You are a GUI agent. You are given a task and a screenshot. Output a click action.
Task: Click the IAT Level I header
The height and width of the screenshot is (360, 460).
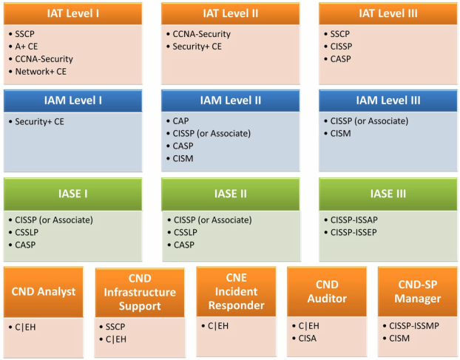pyautogui.click(x=72, y=13)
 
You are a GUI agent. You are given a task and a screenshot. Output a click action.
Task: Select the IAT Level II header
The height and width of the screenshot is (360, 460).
pyautogui.click(x=230, y=13)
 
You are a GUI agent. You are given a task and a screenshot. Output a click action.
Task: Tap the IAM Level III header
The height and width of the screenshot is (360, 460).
pyautogui.click(x=388, y=101)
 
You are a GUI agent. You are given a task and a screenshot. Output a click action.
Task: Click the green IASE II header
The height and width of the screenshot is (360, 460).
pyautogui.click(x=230, y=194)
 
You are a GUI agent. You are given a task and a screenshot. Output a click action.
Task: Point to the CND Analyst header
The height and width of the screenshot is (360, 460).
pyautogui.click(x=44, y=292)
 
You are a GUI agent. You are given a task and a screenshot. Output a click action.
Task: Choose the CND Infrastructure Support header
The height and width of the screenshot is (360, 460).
pyautogui.click(x=140, y=292)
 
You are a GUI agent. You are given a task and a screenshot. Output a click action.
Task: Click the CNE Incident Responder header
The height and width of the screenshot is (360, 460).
pyautogui.click(x=236, y=291)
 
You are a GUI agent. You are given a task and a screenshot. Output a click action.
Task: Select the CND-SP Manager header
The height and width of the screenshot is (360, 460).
pyautogui.click(x=417, y=291)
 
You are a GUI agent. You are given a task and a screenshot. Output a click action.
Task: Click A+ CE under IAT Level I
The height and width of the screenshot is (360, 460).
pyautogui.click(x=27, y=47)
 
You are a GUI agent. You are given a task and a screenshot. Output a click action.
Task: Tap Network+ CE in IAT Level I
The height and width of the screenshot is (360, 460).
pyautogui.click(x=41, y=72)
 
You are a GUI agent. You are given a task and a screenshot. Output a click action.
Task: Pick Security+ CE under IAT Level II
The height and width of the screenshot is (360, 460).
pyautogui.click(x=197, y=47)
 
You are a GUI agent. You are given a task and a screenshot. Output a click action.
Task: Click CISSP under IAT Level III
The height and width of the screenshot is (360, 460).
pyautogui.click(x=341, y=47)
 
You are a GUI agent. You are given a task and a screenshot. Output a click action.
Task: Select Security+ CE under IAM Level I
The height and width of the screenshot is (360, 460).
pyautogui.click(x=39, y=122)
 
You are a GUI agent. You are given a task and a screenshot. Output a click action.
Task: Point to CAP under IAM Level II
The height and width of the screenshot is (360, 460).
pyautogui.click(x=180, y=121)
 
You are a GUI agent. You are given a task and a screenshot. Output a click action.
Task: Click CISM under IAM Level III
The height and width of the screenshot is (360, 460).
pyautogui.click(x=341, y=134)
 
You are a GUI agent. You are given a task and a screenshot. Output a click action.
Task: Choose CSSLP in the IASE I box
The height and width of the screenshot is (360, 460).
pyautogui.click(x=27, y=232)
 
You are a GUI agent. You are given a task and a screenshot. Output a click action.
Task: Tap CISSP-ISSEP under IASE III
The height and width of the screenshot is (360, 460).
pyautogui.click(x=354, y=232)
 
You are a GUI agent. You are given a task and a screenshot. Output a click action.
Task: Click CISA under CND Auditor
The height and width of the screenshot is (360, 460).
pyautogui.click(x=308, y=339)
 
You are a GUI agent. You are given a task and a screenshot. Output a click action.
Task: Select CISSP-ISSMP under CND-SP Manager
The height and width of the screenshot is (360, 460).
pyautogui.click(x=414, y=326)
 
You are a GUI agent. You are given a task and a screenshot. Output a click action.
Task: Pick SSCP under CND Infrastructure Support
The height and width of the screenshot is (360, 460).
pyautogui.click(x=115, y=327)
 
